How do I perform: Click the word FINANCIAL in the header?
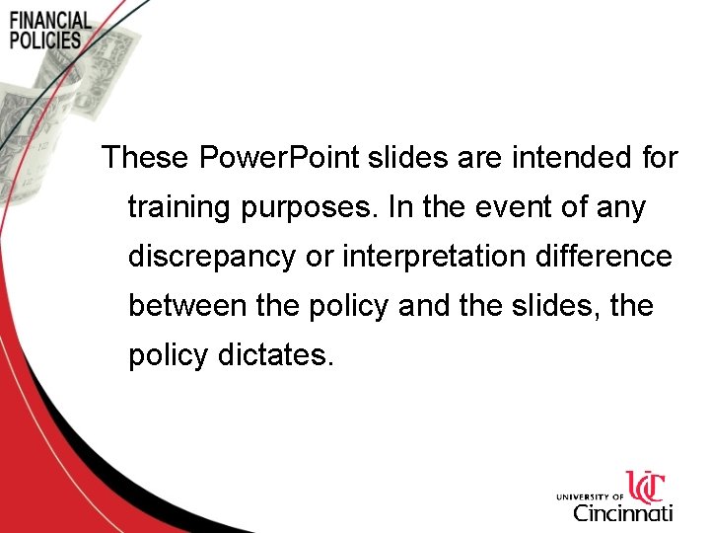coord(50,21)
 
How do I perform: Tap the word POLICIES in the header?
coord(45,40)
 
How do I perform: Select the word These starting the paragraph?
coord(146,157)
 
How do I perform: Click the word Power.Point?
coord(280,157)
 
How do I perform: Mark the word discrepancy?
coord(211,257)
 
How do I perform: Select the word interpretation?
coord(428,257)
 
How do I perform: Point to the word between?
coord(187,306)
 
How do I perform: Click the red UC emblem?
coord(647,488)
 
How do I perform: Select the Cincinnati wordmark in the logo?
coord(623,512)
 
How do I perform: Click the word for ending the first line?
coord(657,157)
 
